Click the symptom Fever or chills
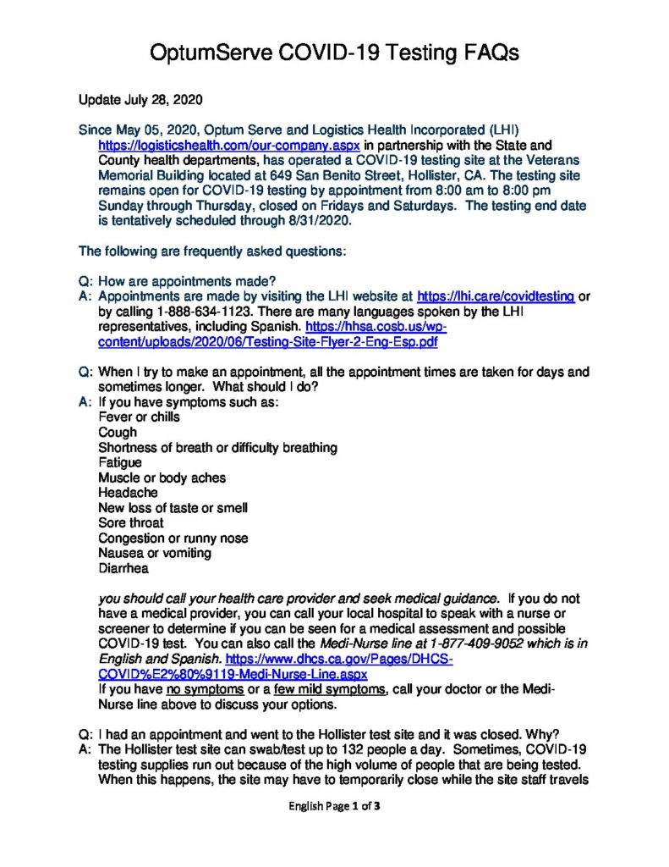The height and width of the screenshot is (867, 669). pos(139,417)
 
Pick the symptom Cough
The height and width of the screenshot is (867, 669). pos(118,432)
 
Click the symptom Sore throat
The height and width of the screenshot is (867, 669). pos(131,522)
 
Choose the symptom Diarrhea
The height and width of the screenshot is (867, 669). pos(123,568)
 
